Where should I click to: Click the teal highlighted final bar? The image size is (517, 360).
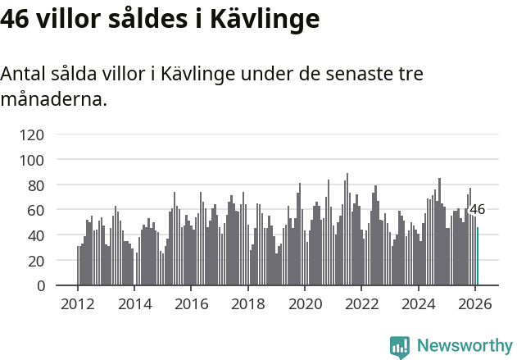pyautogui.click(x=478, y=257)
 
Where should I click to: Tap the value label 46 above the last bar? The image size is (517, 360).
pyautogui.click(x=477, y=209)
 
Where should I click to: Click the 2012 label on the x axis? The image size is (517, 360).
pyautogui.click(x=78, y=304)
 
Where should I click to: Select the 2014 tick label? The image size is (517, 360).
pyautogui.click(x=134, y=304)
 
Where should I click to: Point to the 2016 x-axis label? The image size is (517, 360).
pyautogui.click(x=191, y=304)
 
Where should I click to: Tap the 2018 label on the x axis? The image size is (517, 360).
pyautogui.click(x=247, y=304)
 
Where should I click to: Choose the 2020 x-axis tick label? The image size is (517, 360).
pyautogui.click(x=304, y=304)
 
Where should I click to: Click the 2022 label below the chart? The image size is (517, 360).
pyautogui.click(x=361, y=304)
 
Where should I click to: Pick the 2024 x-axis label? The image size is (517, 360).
pyautogui.click(x=418, y=304)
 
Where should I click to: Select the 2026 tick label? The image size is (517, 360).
pyautogui.click(x=474, y=304)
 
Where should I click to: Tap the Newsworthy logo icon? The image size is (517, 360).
pyautogui.click(x=400, y=347)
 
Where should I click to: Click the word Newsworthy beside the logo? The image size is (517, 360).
pyautogui.click(x=464, y=347)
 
